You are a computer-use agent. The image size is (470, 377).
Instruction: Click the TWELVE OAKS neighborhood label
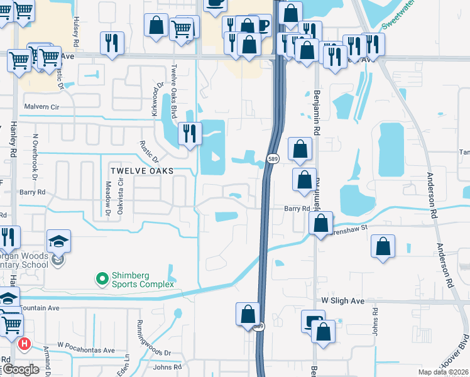[141, 170]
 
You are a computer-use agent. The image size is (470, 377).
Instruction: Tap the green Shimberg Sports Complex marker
[101, 278]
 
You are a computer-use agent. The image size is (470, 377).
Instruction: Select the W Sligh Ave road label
[343, 302]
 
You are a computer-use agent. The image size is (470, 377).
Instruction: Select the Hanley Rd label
[13, 137]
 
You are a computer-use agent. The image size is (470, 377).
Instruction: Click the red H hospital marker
[24, 344]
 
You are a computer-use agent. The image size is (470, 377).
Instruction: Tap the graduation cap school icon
[58, 241]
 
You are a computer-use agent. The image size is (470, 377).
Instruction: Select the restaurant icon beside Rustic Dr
[189, 133]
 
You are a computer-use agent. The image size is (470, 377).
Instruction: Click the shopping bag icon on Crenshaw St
[321, 222]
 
